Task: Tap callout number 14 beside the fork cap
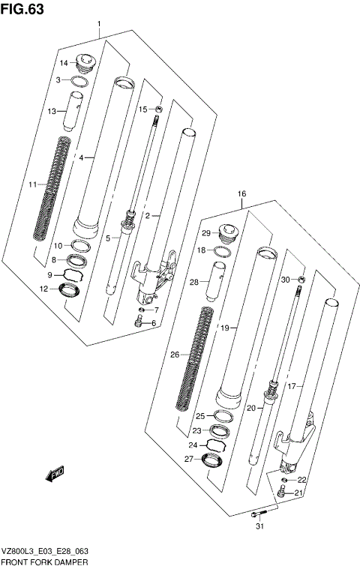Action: pos(64,62)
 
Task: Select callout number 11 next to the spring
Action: pos(32,184)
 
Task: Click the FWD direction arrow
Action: pos(56,474)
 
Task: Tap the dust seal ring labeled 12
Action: pos(72,289)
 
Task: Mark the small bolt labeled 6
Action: pos(139,323)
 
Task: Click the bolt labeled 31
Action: pos(259,514)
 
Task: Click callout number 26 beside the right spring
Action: pos(175,355)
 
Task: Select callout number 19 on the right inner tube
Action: pos(223,327)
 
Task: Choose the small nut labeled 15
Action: pos(158,109)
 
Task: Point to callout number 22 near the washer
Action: pos(301,480)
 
